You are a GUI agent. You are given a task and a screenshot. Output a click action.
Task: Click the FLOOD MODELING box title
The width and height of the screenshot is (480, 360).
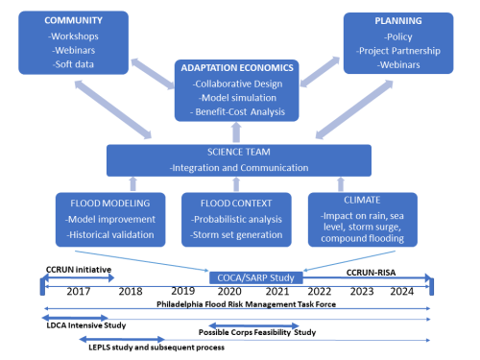[99, 204]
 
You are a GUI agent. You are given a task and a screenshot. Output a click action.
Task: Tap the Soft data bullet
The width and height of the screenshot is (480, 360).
[73, 62]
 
